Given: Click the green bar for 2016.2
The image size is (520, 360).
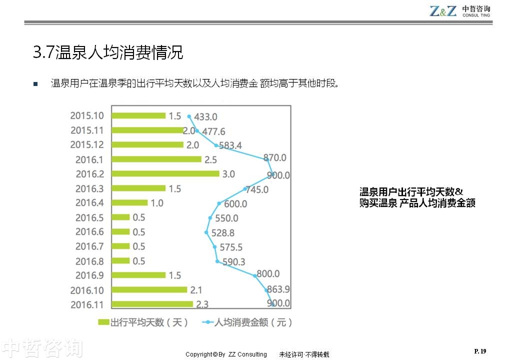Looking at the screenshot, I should (x=165, y=173).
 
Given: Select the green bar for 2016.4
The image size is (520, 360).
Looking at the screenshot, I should (x=129, y=202).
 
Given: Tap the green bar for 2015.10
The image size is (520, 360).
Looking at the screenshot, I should (x=138, y=115).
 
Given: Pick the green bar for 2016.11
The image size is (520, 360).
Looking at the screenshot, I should (x=152, y=303).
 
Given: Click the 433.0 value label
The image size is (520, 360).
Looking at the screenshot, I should (x=205, y=117).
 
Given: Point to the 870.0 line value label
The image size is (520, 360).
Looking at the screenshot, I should (x=275, y=157).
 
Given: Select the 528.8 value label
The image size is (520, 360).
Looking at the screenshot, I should (x=223, y=232).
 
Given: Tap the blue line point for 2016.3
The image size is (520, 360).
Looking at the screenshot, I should (x=245, y=189).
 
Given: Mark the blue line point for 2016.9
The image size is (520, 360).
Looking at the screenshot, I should (x=255, y=275).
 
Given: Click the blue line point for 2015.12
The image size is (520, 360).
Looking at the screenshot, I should (x=216, y=145).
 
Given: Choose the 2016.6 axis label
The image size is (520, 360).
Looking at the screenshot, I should (x=89, y=232).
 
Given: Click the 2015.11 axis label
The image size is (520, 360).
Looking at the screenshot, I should (x=87, y=130).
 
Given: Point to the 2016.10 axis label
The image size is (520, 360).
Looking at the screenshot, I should (x=87, y=290).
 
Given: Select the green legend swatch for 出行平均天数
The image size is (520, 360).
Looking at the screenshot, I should (x=103, y=322).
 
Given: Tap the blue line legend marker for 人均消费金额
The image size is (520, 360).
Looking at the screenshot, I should (x=207, y=322).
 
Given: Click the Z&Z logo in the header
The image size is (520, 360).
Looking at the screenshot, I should (x=443, y=11).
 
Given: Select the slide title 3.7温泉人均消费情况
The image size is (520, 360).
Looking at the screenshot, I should (x=108, y=52).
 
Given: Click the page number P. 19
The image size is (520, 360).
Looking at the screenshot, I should (x=480, y=351).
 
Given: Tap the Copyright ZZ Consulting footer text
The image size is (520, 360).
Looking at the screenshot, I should (x=226, y=354).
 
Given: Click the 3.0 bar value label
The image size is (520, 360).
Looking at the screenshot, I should (x=228, y=174).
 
